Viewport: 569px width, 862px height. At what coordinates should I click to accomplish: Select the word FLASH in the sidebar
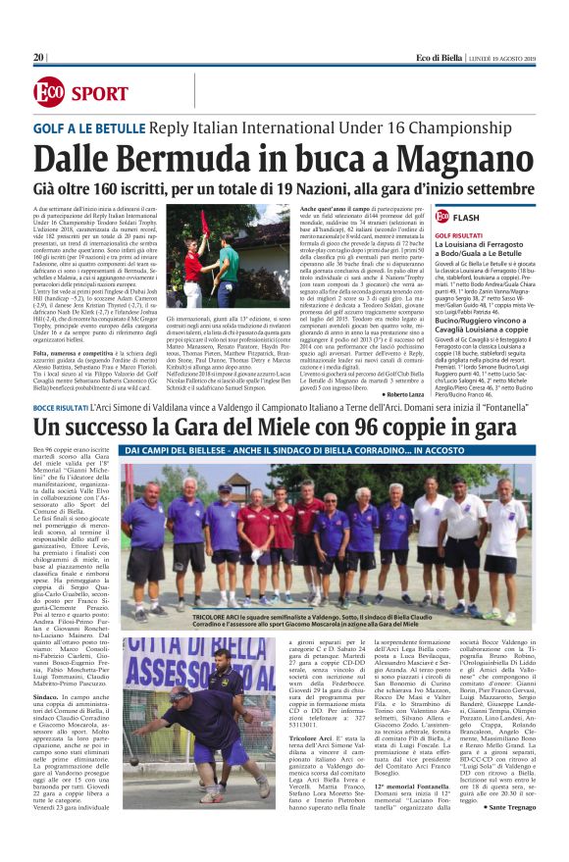point(467,216)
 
